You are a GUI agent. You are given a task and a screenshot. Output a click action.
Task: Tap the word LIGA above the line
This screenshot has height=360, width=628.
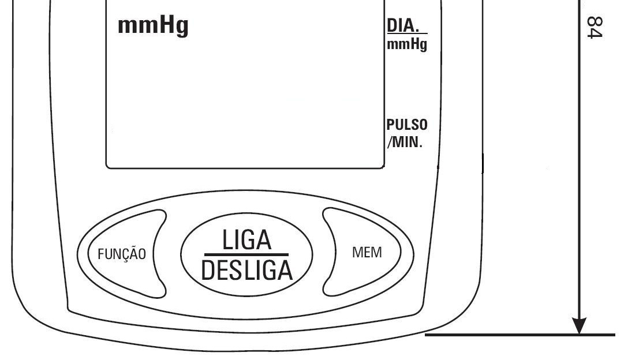[x=246, y=240]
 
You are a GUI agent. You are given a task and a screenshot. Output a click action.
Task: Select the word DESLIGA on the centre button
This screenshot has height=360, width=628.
[x=246, y=271]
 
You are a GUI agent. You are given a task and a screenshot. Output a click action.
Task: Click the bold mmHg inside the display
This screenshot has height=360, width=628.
[x=153, y=26]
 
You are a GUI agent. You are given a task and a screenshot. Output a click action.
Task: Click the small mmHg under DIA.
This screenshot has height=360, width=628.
[x=407, y=44]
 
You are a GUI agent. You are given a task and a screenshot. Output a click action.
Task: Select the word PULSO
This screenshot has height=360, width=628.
[x=407, y=125]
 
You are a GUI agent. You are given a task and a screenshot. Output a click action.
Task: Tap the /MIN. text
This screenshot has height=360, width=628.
[x=405, y=142]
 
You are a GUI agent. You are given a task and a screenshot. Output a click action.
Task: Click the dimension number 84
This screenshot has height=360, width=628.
[x=595, y=28]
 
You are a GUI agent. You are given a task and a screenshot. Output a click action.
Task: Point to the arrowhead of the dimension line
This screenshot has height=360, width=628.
[x=579, y=326]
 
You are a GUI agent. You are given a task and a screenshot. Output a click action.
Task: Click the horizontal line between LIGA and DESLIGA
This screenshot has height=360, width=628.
[x=246, y=254]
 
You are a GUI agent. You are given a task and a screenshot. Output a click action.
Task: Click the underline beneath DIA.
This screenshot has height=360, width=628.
[x=407, y=33]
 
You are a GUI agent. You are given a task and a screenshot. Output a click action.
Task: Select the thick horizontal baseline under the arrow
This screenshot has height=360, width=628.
[x=520, y=335]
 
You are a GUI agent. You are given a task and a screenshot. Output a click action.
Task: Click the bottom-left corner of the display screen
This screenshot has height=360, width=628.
[x=107, y=168]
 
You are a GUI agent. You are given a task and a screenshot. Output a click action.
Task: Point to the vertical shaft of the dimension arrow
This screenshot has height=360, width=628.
[x=579, y=160]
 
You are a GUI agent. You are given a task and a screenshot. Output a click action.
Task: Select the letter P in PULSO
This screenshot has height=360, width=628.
[x=391, y=125]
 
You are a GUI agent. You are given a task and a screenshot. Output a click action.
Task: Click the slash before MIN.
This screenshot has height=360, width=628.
[x=390, y=142]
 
